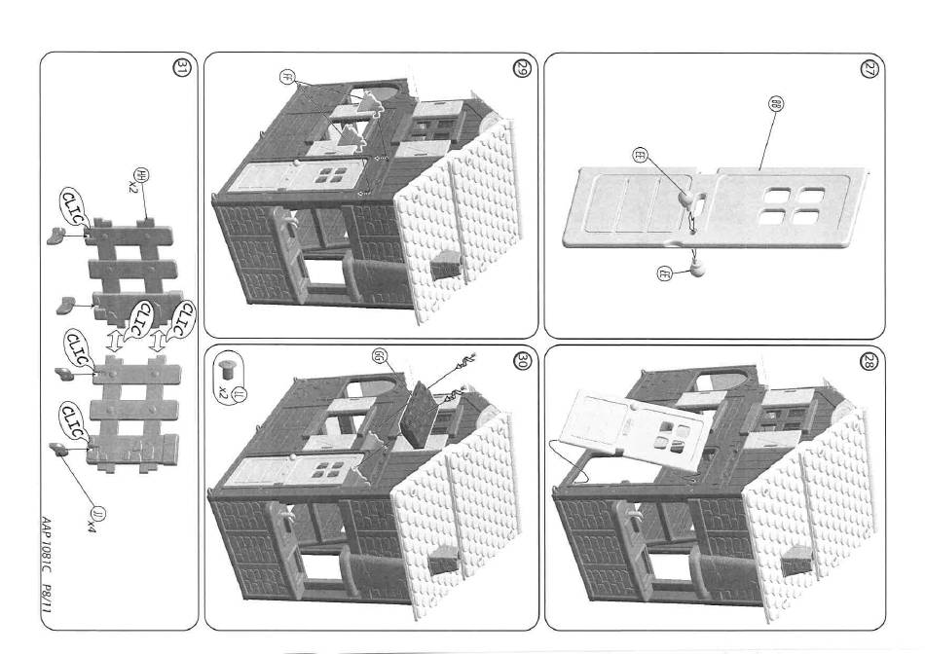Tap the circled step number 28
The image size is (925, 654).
[x=869, y=361]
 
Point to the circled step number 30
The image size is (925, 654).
[x=522, y=361]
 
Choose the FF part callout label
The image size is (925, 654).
[x=287, y=77]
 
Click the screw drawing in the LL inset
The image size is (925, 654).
[x=225, y=369]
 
